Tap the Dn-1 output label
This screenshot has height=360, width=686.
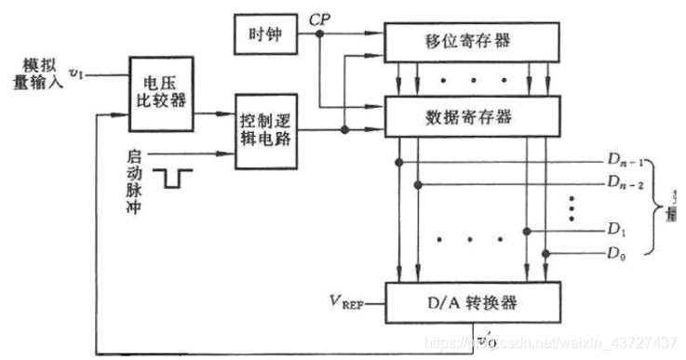pos(626,161)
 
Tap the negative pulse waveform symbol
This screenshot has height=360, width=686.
pos(177,178)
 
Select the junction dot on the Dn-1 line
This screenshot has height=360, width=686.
pos(399,161)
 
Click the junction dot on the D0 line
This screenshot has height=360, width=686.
pos(546,252)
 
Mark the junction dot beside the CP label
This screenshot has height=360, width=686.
pos(319,33)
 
